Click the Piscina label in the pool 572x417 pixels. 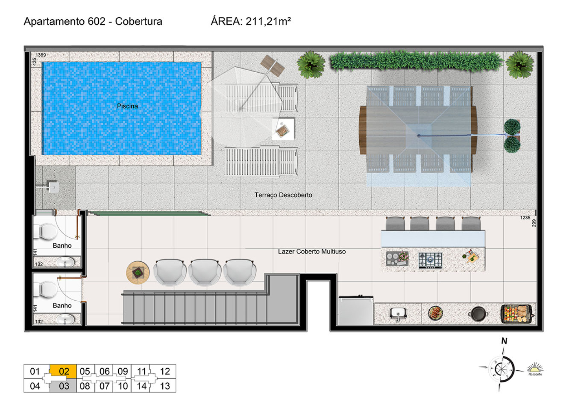(127, 106)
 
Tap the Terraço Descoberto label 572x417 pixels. (283, 195)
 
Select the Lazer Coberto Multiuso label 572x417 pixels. (311, 252)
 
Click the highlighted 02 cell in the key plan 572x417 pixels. (63, 371)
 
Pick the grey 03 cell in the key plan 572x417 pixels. (63, 386)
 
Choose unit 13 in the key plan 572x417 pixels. (165, 386)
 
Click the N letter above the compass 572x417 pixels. (504, 341)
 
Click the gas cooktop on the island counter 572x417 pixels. (430, 260)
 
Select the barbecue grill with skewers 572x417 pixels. (517, 314)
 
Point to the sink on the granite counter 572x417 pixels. (398, 314)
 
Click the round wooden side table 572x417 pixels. (138, 272)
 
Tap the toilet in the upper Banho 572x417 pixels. (45, 232)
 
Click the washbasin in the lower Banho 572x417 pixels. (66, 319)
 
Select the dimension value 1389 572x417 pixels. (41, 55)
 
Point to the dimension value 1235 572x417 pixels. (525, 218)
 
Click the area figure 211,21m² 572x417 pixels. (268, 21)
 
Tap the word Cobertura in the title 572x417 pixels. (139, 21)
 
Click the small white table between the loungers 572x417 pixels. (283, 129)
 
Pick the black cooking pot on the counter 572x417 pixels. (478, 314)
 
